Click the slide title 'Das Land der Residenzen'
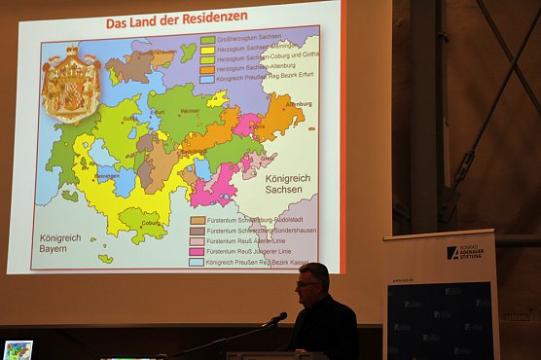(x=176, y=18)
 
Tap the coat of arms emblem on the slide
(x=70, y=84)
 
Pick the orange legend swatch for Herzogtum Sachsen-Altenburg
(x=207, y=70)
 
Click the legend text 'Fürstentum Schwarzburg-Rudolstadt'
(x=249, y=221)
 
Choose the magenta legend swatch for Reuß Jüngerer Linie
(x=198, y=252)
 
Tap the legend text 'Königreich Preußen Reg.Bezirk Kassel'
(x=256, y=262)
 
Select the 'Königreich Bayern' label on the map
(x=60, y=243)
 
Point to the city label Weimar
(x=190, y=111)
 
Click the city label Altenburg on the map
(x=299, y=103)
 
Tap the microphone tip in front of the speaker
(x=281, y=315)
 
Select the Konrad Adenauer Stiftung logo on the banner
(x=466, y=252)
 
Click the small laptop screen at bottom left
(x=18, y=349)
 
